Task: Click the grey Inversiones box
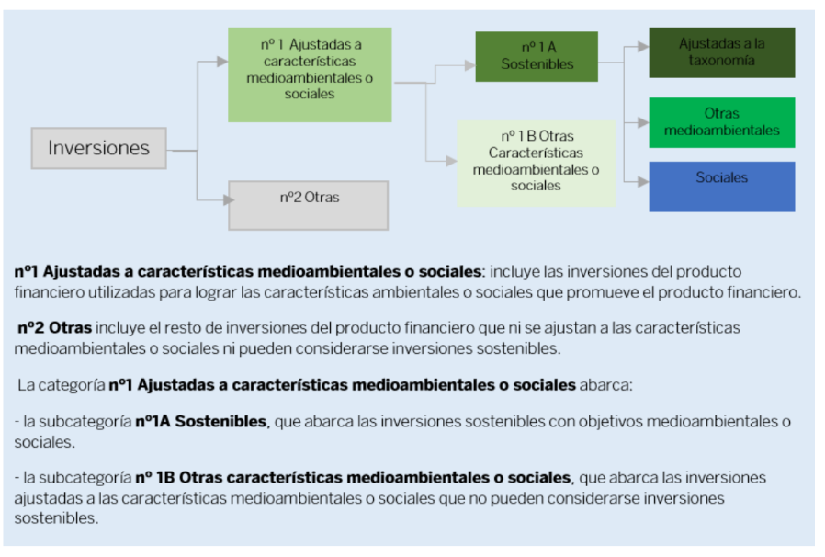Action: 99,148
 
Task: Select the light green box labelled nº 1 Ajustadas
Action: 310,74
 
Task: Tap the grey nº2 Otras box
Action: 309,205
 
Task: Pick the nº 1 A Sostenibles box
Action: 537,56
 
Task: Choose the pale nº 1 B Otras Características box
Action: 537,164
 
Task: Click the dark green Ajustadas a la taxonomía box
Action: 722,52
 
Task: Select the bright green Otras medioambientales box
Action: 722,122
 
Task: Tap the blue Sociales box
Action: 722,187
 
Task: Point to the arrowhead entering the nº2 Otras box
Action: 229,200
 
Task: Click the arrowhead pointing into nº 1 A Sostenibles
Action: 470,65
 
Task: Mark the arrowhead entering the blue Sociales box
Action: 643,182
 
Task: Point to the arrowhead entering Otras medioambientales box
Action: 643,122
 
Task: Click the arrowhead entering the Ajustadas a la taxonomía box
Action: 643,46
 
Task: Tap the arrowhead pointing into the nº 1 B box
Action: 451,161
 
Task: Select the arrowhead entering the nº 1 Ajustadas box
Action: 222,62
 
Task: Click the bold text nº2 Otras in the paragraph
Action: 55,327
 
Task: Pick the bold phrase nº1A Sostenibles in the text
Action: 200,421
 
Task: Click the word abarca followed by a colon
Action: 606,385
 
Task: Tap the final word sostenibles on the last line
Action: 56,518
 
